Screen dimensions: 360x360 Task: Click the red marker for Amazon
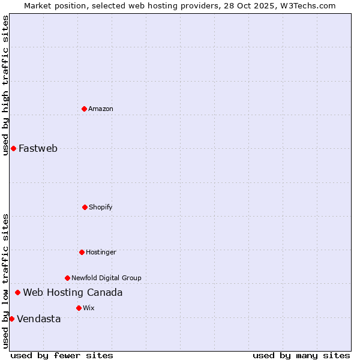pos(84,109)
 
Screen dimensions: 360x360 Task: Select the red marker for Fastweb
pos(13,148)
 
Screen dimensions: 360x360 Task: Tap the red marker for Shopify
pos(85,207)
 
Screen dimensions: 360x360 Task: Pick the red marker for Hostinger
pos(82,252)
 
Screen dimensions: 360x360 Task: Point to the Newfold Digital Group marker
pos(67,278)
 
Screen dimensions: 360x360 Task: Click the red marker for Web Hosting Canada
pos(17,292)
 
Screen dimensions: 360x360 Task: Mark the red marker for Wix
pos(79,308)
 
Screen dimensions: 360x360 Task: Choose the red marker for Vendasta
pos(11,319)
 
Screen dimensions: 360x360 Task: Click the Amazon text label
pos(101,109)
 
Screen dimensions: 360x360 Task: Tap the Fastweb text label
pos(38,148)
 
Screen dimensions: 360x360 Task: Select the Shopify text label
pos(101,207)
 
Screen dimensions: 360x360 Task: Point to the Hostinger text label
pos(101,252)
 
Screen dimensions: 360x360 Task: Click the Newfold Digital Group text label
pos(106,278)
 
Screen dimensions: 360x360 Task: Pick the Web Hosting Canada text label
pos(73,292)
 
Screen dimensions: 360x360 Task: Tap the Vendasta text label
pos(38,319)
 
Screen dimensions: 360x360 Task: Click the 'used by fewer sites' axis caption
pos(62,355)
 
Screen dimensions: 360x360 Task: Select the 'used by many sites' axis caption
pos(301,355)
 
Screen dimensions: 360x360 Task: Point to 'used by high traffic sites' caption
pos(5,85)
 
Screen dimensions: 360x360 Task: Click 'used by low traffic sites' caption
pos(5,281)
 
